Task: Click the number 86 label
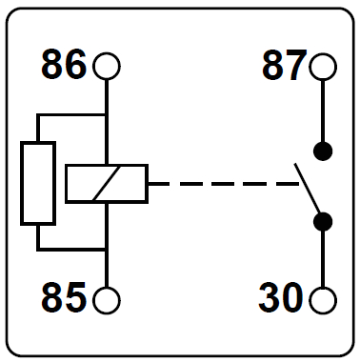point(64,66)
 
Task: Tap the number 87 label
point(284,66)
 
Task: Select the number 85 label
point(64,299)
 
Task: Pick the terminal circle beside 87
point(324,67)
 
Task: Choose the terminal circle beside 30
point(324,300)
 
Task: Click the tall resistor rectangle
point(38,182)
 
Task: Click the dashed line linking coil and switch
point(219,183)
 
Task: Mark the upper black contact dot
point(324,151)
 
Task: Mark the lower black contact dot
point(324,221)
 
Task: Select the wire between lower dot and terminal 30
point(324,257)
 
